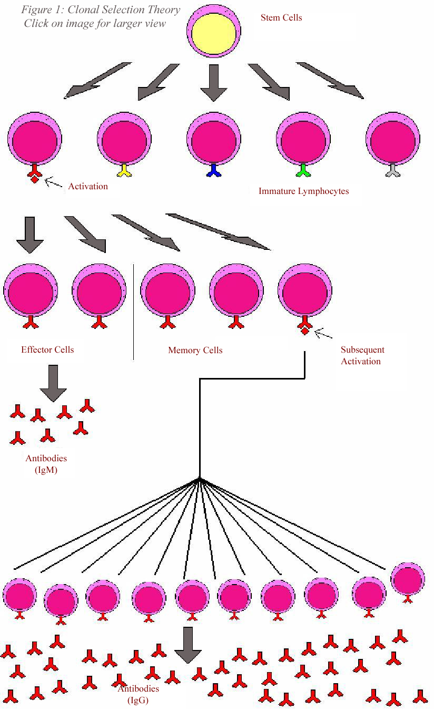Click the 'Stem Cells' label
coord(281,18)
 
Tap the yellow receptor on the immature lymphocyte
coord(124,170)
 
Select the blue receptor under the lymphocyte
coord(213,170)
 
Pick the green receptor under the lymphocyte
coord(303,170)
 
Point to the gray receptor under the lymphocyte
coord(392,170)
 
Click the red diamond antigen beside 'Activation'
coord(35,180)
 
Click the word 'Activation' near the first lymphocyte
coord(88,187)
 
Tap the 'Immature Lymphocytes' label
coord(303,191)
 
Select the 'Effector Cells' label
coord(47,349)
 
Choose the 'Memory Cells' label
coord(195,350)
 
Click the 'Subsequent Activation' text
coord(362,355)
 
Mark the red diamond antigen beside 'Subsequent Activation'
coord(304,331)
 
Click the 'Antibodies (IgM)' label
coord(46,464)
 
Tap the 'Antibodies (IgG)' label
coord(138,694)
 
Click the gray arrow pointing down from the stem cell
coord(213,82)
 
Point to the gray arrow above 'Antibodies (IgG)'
coord(188,645)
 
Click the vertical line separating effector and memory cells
coord(134,311)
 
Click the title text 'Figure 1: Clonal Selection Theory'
coord(101,10)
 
